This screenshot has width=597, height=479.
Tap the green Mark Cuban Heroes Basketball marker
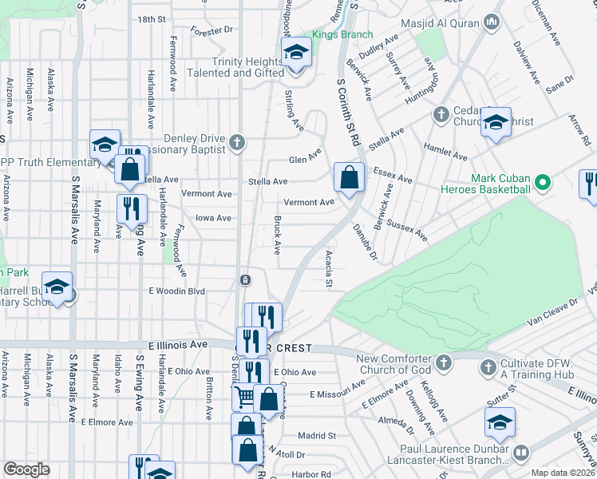(x=543, y=184)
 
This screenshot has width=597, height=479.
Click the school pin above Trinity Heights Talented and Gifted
(x=296, y=54)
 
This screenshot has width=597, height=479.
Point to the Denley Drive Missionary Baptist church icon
(x=236, y=143)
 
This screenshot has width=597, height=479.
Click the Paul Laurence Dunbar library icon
(x=521, y=453)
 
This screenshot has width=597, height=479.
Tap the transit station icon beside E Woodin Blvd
(x=245, y=280)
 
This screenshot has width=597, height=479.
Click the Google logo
(x=26, y=469)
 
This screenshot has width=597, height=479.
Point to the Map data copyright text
(x=562, y=473)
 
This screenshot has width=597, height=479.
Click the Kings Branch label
(x=342, y=34)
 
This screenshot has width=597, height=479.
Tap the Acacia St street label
(x=329, y=270)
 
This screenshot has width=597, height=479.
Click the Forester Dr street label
(x=212, y=30)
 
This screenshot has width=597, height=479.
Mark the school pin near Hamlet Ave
(x=496, y=124)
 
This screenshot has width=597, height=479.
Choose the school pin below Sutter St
(x=500, y=423)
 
